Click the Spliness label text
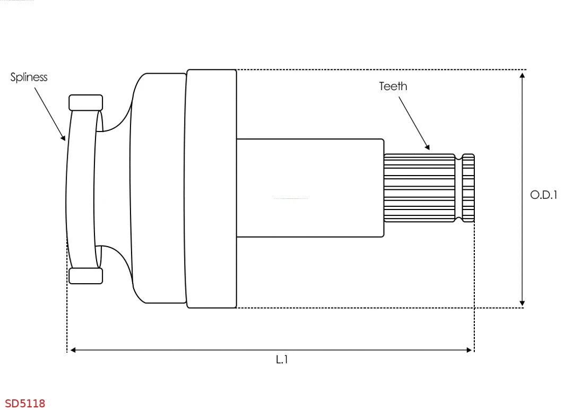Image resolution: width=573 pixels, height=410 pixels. (29, 77)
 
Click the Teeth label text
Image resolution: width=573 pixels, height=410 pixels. (393, 86)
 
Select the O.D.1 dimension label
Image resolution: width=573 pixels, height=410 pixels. (544, 195)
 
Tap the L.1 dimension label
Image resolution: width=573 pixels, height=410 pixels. (282, 360)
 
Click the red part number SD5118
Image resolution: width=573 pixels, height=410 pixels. (25, 404)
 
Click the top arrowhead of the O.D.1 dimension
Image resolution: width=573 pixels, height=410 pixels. (523, 75)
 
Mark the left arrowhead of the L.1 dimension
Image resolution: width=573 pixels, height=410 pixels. (73, 350)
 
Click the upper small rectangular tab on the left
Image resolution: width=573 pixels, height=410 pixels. (85, 102)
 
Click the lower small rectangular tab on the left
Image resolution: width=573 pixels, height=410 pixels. (85, 276)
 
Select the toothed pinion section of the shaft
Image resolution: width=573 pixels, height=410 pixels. (419, 188)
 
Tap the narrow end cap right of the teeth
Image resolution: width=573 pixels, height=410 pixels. (468, 188)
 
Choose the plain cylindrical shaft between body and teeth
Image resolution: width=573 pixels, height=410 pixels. (310, 188)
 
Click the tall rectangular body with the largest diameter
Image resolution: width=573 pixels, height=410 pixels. (211, 188)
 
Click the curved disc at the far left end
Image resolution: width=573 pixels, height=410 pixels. (81, 188)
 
